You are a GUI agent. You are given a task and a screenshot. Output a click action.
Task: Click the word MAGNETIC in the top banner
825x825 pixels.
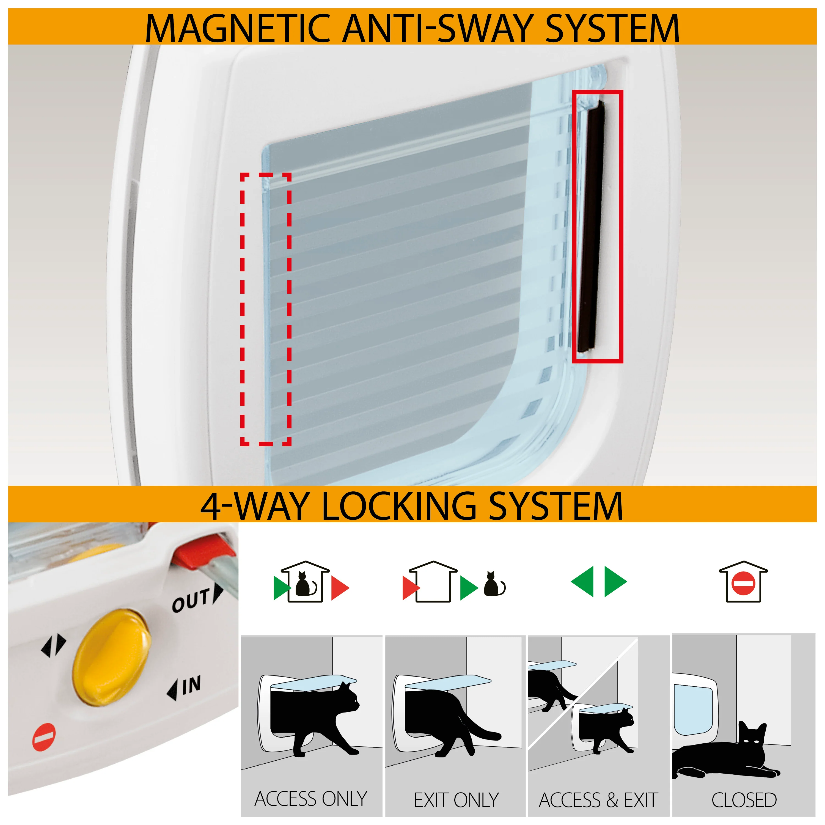click(x=237, y=29)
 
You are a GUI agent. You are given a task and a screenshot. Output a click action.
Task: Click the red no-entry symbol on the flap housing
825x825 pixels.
click(x=44, y=737)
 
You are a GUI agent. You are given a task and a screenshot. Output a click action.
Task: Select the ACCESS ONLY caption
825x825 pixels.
click(x=310, y=799)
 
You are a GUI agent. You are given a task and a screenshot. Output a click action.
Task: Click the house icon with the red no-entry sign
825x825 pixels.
click(x=743, y=582)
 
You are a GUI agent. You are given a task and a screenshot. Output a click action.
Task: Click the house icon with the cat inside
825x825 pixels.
click(x=304, y=582)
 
